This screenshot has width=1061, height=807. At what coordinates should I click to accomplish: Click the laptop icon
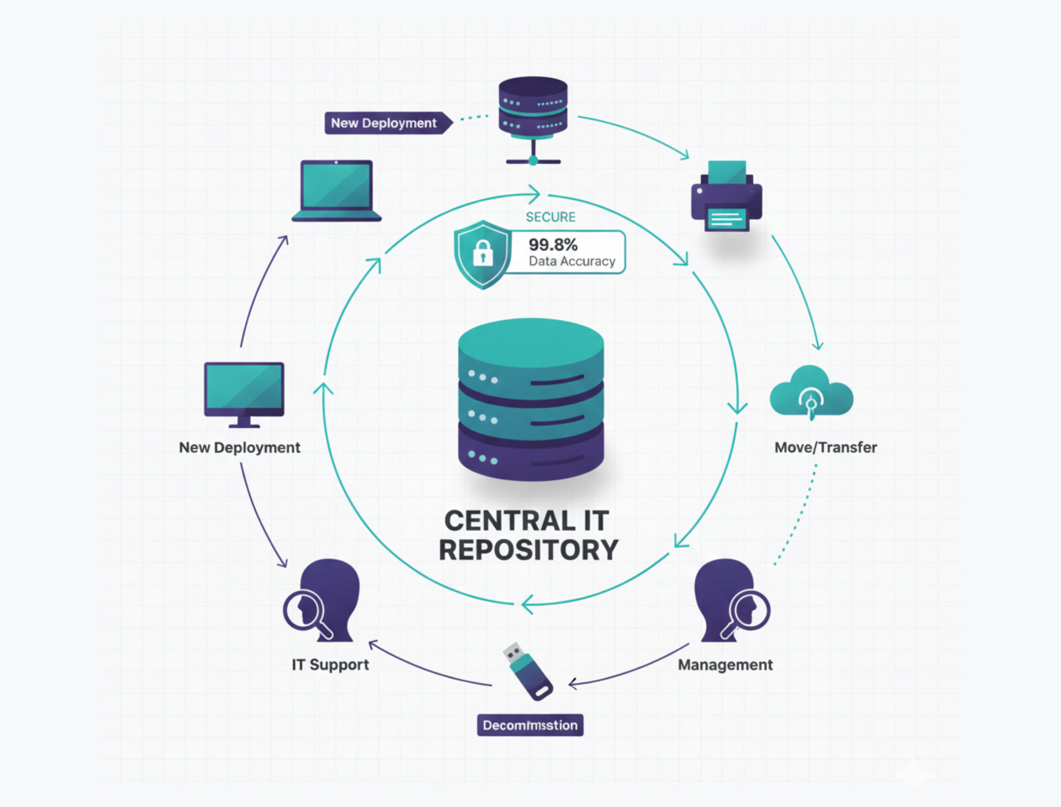(x=336, y=191)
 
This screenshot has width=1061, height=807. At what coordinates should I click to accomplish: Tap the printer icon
(x=726, y=196)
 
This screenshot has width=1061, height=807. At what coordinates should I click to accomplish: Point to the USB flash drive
(x=528, y=671)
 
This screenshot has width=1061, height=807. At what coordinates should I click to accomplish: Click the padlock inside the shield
(x=482, y=253)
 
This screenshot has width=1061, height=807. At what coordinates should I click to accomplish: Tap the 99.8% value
(x=553, y=244)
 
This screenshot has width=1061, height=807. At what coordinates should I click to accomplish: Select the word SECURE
(x=550, y=217)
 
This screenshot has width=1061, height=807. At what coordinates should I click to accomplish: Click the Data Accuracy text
(x=572, y=261)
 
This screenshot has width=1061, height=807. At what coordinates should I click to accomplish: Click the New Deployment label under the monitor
(x=239, y=447)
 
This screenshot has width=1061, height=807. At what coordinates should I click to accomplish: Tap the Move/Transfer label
(x=826, y=447)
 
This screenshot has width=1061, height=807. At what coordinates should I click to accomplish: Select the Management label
(x=725, y=664)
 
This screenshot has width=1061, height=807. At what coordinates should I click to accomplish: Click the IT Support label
(x=330, y=664)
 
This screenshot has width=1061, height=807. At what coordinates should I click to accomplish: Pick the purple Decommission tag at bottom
(x=530, y=725)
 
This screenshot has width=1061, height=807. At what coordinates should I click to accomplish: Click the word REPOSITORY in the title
(x=528, y=550)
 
